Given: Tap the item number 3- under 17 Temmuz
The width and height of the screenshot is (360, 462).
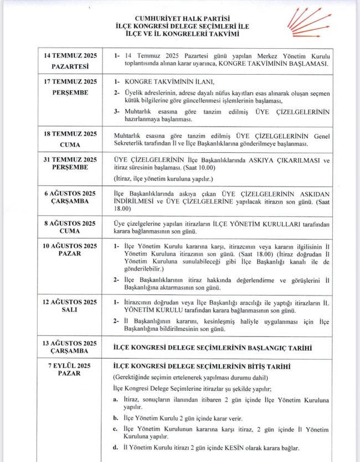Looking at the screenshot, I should coord(116,111).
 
